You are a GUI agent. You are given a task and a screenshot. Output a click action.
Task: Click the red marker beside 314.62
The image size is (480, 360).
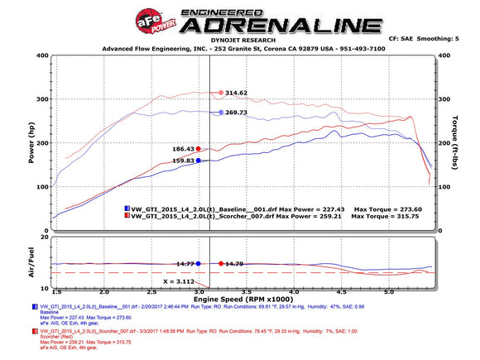[x=221, y=93]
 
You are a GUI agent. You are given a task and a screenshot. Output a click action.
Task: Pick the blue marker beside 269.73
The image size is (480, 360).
[x=221, y=112]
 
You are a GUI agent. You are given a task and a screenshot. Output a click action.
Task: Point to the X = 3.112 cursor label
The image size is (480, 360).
[x=180, y=281]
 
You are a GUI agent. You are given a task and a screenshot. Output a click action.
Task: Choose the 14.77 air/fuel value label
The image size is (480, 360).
[x=184, y=263]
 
